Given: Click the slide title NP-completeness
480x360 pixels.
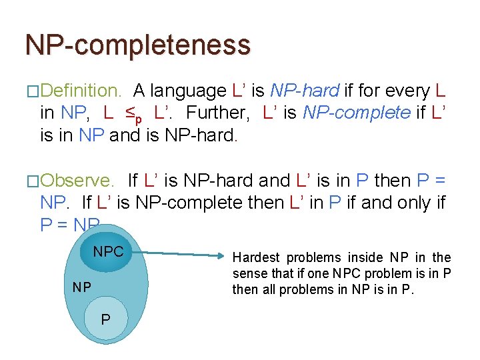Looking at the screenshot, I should pos(138,45).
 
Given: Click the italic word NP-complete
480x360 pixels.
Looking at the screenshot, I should pos(357,113).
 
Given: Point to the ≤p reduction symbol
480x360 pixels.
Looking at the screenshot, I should pos(134,115).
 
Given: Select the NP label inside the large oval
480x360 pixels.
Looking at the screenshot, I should pos(82,287).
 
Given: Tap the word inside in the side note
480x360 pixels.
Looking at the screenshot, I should pos(361,257).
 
